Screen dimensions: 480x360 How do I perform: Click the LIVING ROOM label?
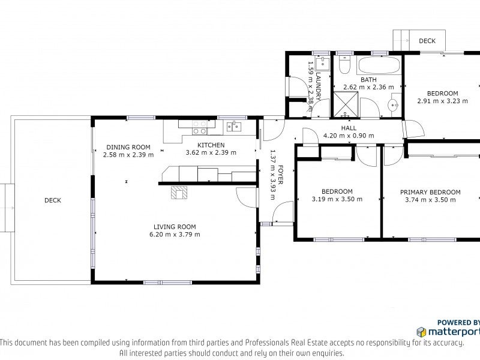tap(175, 227)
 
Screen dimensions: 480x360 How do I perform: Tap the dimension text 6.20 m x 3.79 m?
tap(175, 235)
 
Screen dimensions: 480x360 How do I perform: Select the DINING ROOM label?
tap(128, 147)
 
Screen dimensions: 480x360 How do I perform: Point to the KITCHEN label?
tap(211, 145)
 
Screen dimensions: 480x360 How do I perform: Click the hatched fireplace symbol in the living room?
tap(179, 193)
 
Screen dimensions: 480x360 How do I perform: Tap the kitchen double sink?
tap(233, 126)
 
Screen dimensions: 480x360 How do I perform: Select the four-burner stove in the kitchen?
tap(199, 127)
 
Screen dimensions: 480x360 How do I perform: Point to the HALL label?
tap(349, 128)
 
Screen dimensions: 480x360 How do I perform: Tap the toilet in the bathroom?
tap(344, 65)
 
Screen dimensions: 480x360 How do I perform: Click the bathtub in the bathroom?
tap(379, 65)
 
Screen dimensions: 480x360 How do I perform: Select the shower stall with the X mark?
tap(346, 104)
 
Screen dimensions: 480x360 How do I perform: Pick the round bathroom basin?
tap(393, 106)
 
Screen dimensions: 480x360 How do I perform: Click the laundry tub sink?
tap(322, 63)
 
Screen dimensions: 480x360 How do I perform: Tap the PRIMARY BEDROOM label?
tap(430, 192)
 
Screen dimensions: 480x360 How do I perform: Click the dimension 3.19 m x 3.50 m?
tap(337, 199)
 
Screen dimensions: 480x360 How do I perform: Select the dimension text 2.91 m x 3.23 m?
tap(443, 101)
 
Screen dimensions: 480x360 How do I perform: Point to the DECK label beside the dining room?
tap(53, 200)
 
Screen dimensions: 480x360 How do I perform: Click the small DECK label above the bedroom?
tap(427, 41)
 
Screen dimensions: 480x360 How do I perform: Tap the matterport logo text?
tap(454, 332)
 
